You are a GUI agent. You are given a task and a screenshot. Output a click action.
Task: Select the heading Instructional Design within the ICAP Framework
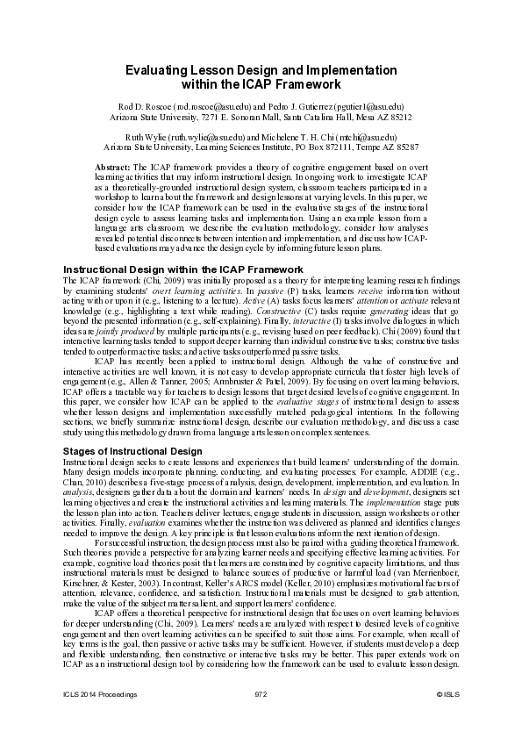183,269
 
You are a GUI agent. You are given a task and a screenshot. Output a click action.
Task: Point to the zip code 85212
401,116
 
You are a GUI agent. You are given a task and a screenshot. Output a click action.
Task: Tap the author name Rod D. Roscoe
147,105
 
